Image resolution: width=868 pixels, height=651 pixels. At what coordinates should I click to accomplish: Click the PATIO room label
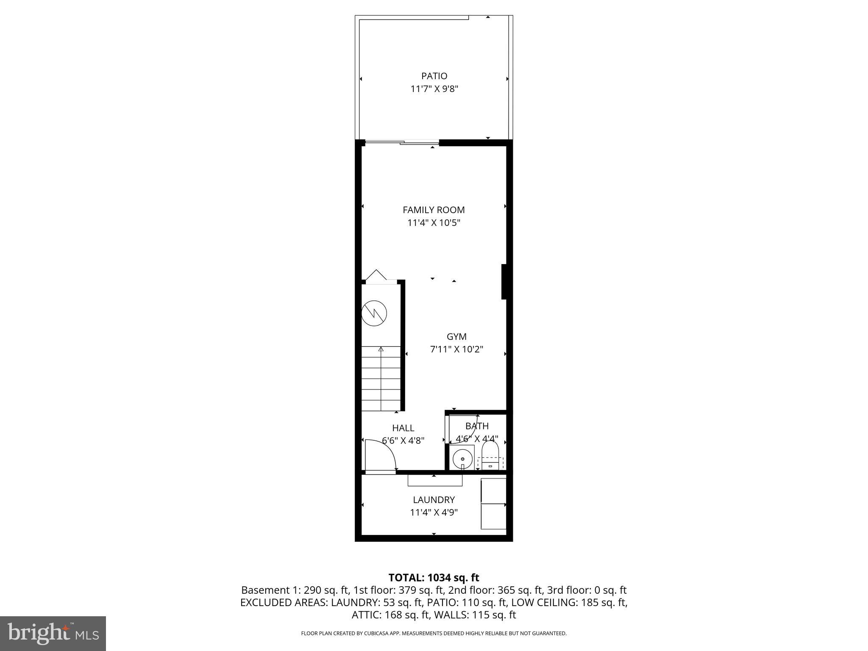[x=434, y=76]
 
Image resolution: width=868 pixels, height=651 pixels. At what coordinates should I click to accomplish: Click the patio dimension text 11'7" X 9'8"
[x=434, y=89]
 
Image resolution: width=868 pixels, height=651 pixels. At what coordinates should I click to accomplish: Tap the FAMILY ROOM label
[x=434, y=210]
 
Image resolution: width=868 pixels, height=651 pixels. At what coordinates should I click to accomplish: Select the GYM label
[x=456, y=337]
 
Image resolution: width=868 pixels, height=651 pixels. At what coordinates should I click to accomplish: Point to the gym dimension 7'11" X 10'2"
[x=456, y=350]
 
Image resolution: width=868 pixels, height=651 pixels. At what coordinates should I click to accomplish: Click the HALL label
[x=403, y=428]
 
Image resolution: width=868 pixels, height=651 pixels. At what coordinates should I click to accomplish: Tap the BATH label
[x=477, y=426]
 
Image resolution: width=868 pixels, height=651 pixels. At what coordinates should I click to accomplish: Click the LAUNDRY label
[x=434, y=500]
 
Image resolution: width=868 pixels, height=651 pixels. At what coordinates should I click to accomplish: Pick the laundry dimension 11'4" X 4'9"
[x=434, y=512]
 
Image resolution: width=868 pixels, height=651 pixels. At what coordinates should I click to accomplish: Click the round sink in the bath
[x=462, y=459]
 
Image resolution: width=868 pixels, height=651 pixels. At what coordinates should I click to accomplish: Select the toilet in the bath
[x=490, y=456]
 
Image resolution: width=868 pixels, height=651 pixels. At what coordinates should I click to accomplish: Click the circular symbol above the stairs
[x=374, y=313]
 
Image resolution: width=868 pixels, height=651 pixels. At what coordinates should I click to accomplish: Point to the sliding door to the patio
[x=402, y=143]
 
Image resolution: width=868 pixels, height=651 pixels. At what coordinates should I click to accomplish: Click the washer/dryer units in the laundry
[x=493, y=504]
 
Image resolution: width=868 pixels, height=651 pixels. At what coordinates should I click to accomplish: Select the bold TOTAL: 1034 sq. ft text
[x=434, y=578]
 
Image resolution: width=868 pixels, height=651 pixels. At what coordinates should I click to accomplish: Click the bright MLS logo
[x=53, y=633]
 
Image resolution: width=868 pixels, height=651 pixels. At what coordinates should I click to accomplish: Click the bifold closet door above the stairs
[x=376, y=275]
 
